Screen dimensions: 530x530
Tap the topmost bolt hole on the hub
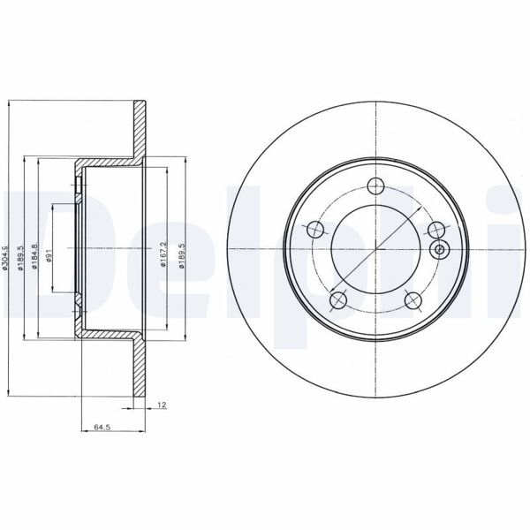tap(376, 185)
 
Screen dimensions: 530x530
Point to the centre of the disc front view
tap(376, 251)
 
